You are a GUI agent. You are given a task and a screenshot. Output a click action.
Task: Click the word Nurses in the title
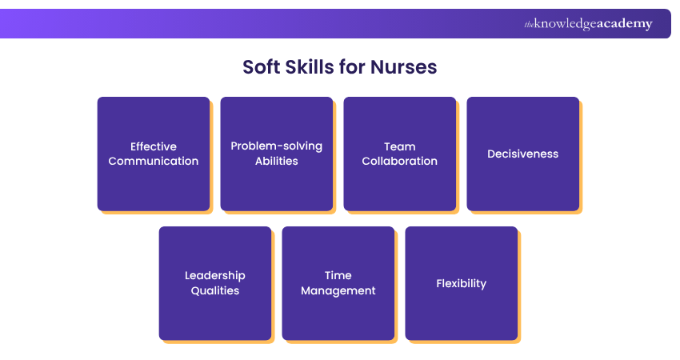pyautogui.click(x=403, y=67)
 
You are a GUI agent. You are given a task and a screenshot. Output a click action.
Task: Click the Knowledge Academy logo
pyautogui.click(x=588, y=24)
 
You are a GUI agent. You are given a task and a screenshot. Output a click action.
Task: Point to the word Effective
pyautogui.click(x=154, y=146)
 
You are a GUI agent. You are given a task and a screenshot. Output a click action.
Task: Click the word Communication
pyautogui.click(x=154, y=161)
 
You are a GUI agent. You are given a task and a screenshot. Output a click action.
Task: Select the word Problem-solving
pyautogui.click(x=277, y=146)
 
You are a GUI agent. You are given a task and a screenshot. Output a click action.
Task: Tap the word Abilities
pyautogui.click(x=277, y=161)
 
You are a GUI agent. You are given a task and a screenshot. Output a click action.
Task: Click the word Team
pyautogui.click(x=400, y=146)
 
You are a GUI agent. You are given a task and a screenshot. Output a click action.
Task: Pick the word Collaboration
pyautogui.click(x=400, y=161)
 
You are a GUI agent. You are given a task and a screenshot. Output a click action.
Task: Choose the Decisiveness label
pyautogui.click(x=523, y=154)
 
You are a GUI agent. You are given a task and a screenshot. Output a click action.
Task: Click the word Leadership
pyautogui.click(x=215, y=276)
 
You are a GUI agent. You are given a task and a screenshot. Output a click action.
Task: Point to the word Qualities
pyautogui.click(x=215, y=290)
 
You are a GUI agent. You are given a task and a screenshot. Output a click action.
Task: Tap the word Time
pyautogui.click(x=338, y=275)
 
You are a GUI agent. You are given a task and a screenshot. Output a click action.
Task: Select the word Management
pyautogui.click(x=338, y=290)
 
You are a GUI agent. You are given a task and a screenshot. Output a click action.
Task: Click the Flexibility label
pyautogui.click(x=462, y=284)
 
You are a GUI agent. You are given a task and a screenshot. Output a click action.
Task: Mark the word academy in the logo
pyautogui.click(x=625, y=23)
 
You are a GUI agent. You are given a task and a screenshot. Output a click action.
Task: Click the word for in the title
pyautogui.click(x=352, y=67)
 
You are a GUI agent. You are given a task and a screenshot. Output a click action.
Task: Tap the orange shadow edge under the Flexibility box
pyautogui.click(x=464, y=342)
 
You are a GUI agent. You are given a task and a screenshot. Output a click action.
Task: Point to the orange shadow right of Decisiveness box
pyautogui.click(x=581, y=157)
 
